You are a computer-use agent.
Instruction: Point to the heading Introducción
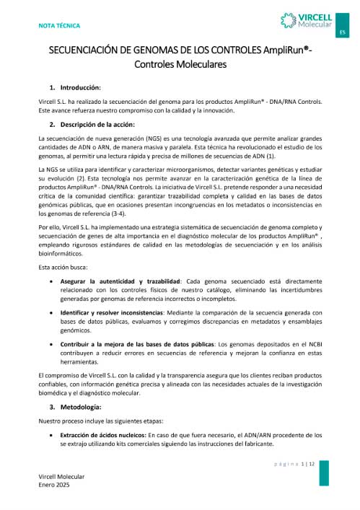coord(80,87)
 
